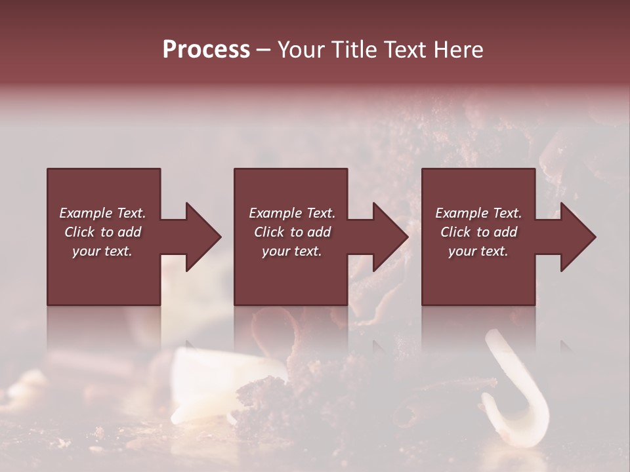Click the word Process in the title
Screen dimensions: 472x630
tap(206, 50)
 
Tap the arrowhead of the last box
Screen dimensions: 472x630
tap(584, 237)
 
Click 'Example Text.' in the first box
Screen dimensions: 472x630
tap(102, 213)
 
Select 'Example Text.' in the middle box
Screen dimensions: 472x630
tap(292, 213)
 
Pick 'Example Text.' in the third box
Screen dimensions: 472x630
tap(478, 213)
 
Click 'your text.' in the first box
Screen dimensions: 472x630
tap(102, 251)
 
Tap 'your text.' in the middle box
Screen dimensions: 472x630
tap(292, 251)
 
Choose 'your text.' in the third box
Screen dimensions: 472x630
tap(478, 251)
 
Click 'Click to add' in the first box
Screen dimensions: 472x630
tap(102, 232)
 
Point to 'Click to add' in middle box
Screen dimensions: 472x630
tap(292, 232)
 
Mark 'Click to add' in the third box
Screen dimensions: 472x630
tap(478, 232)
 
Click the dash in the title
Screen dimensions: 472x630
tap(264, 50)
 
